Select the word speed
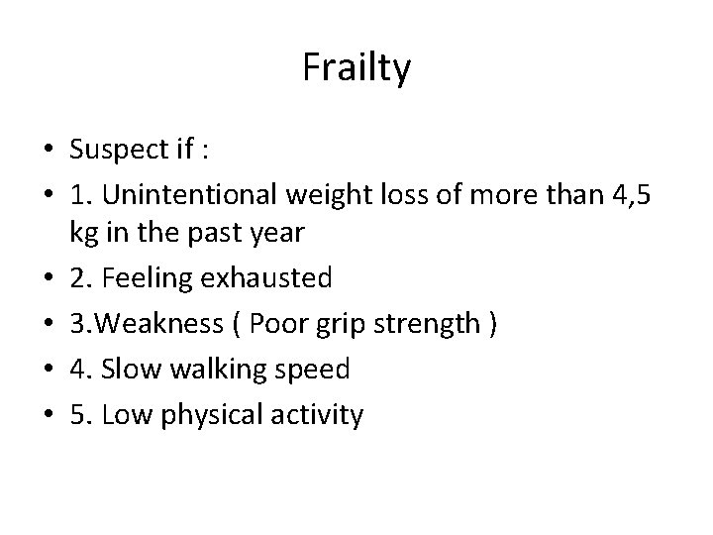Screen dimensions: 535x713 coord(308,371)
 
